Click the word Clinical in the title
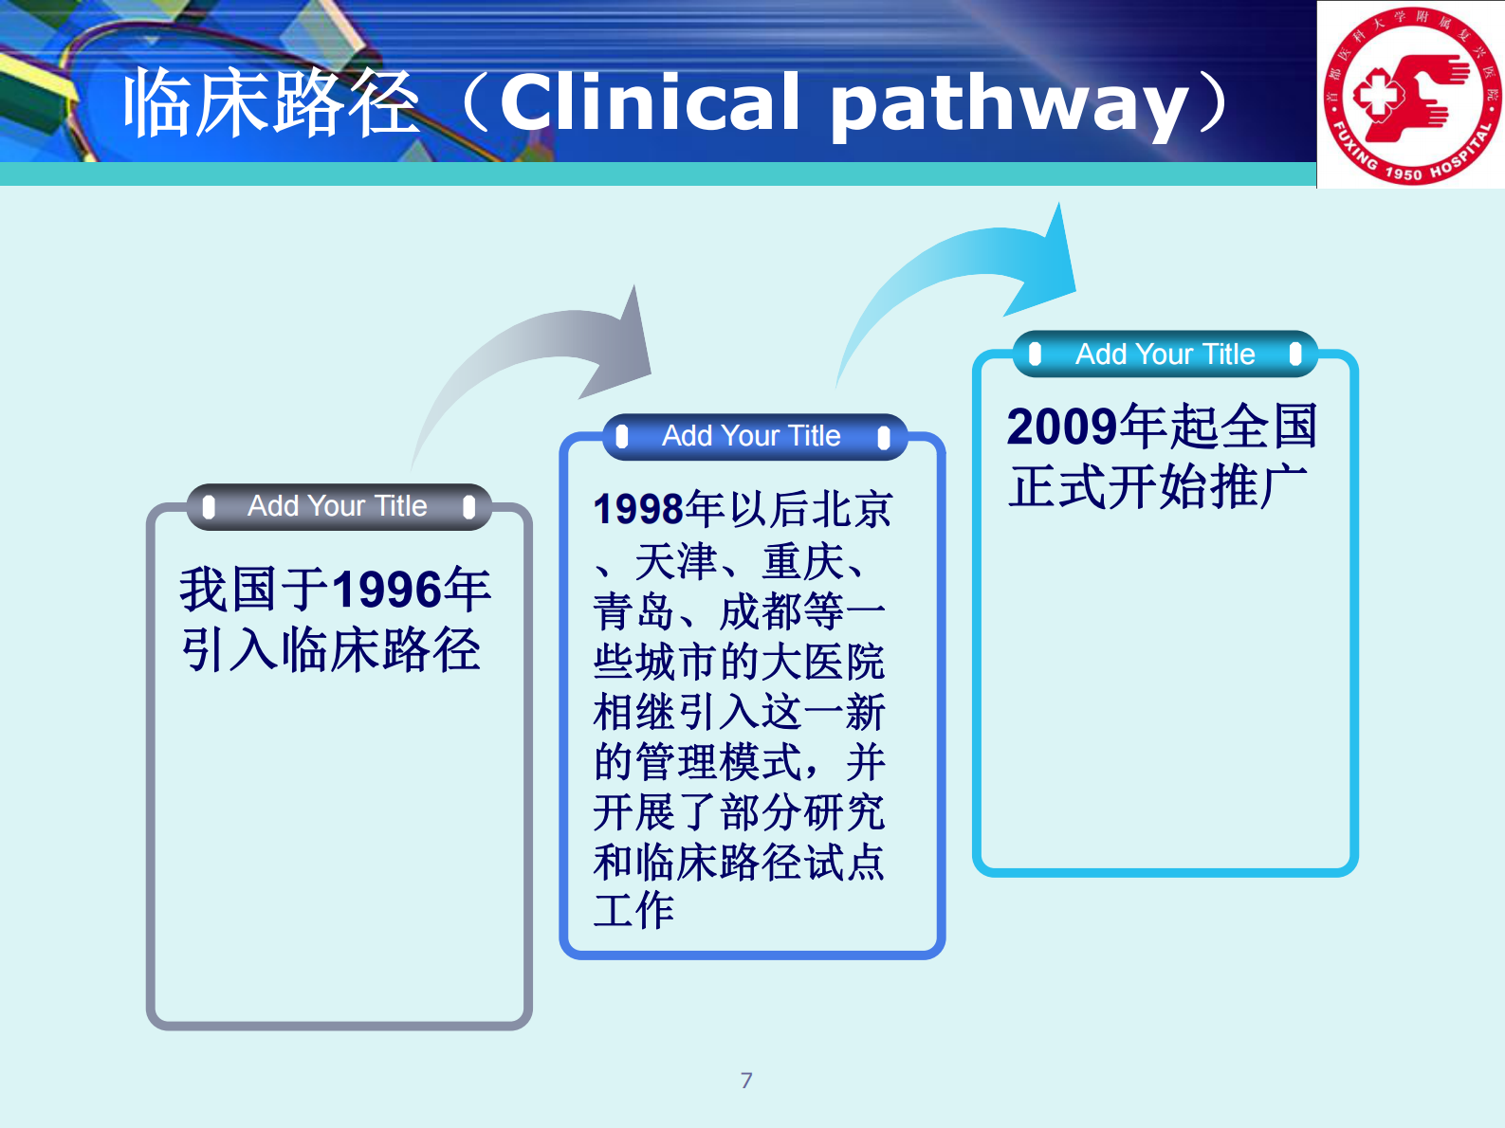coord(651,102)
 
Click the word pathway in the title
coord(1009,104)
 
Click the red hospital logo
coord(1411,95)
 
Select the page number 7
coord(746,1080)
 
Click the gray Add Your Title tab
coord(338,506)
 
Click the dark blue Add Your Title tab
coord(752,436)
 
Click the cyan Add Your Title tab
coord(1165,355)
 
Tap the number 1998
coord(638,510)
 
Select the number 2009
coord(1061,427)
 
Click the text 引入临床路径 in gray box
coord(331,650)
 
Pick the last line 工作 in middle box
coord(633,910)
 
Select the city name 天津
coord(675,562)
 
